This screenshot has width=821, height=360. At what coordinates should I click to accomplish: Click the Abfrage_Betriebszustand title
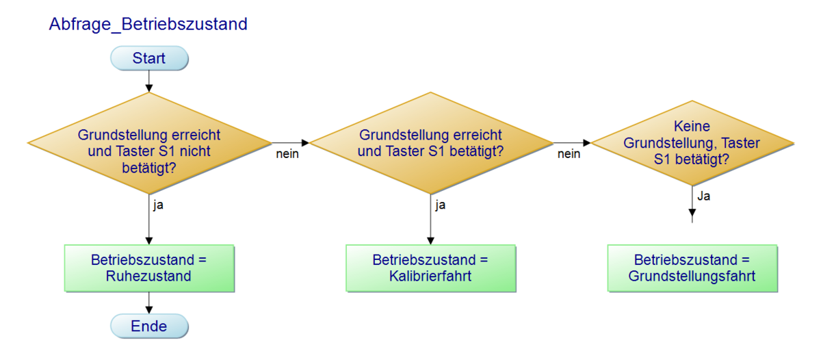coord(148,25)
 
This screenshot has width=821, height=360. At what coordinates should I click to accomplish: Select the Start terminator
coord(149,58)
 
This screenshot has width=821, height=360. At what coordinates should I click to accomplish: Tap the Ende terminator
coord(149,326)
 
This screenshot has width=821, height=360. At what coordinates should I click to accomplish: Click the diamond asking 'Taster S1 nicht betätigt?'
coord(149,143)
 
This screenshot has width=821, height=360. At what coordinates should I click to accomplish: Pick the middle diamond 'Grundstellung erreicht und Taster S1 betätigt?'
coord(430,143)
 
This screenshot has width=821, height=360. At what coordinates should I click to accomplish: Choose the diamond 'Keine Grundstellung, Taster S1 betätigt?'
coord(692,143)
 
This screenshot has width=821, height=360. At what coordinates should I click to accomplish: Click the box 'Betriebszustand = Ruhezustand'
coord(149,268)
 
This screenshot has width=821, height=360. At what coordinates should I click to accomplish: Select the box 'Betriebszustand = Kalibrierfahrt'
coord(430,268)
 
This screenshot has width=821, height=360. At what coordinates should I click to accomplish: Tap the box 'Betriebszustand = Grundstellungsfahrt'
coord(692,268)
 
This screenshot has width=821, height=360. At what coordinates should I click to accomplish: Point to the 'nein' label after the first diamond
coord(287,154)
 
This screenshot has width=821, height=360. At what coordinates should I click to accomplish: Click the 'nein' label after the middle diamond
coord(569,154)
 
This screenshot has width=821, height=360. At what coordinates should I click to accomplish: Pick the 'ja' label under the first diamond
coord(158,205)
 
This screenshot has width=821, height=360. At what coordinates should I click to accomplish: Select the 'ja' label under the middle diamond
coord(440,205)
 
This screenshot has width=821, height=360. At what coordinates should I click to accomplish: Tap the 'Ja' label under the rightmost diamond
coord(704,196)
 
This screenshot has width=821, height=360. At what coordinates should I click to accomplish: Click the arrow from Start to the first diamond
coord(149,81)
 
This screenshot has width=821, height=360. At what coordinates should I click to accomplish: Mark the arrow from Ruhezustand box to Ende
coord(149,303)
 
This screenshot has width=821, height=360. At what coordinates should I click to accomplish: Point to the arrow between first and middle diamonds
coord(290,142)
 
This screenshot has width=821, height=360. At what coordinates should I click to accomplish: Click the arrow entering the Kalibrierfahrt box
coord(430,219)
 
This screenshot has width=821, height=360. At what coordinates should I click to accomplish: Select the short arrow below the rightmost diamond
coord(692,204)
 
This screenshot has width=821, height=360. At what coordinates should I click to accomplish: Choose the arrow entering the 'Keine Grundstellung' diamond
coord(572,142)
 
